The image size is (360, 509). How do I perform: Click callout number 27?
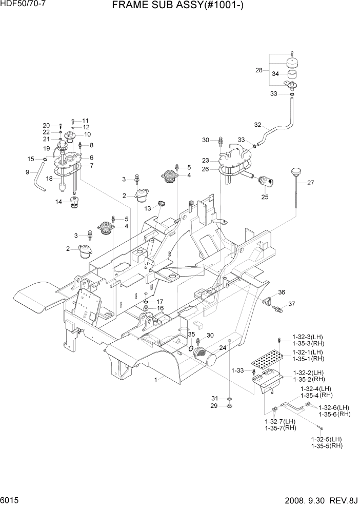point(310,183)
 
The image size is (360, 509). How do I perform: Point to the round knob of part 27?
point(295,171)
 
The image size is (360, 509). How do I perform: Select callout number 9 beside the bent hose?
point(28,172)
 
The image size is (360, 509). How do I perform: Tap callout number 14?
point(59,202)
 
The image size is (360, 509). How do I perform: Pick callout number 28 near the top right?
point(258,70)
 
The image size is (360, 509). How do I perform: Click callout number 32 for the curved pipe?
point(257,125)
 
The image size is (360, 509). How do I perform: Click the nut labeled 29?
point(230,406)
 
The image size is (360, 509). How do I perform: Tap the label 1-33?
point(237,370)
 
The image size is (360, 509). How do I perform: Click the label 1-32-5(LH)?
point(326,439)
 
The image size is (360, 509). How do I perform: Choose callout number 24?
point(223,347)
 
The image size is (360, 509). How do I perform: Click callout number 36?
point(281,292)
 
